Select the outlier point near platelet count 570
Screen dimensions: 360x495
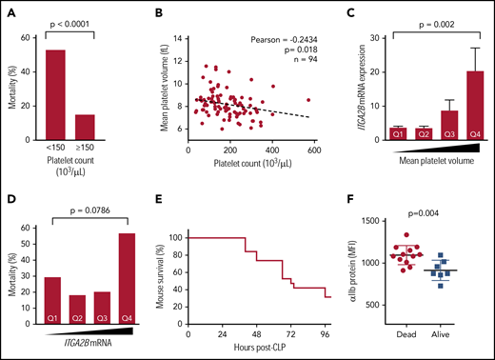point(307,99)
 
